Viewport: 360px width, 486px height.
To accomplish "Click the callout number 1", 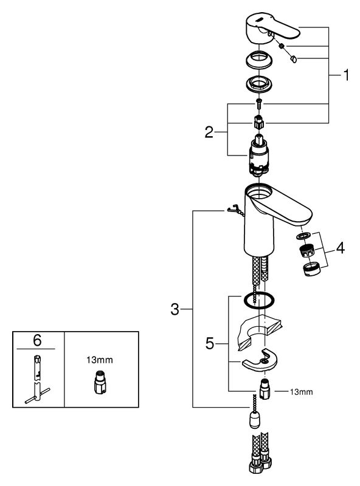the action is pos(346,75).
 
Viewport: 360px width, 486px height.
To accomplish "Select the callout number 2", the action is pos(209,132).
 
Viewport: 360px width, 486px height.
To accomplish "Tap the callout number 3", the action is pos(175,309).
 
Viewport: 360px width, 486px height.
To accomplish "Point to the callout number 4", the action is pos(341,248).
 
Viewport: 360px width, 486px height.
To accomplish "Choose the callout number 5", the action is pos(210,343).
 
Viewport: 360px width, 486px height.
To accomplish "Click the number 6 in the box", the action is pos(37,340).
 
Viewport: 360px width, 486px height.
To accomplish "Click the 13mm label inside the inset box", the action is pos(100,360).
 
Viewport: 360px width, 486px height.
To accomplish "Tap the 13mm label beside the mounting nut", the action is pos(302,392).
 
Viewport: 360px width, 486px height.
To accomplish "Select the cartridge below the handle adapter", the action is pos(258,156).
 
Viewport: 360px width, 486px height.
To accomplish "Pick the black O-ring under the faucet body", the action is pos(259,300).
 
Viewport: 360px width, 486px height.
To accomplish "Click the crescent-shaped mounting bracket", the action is pos(260,360).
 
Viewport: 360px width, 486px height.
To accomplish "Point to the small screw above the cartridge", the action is pos(258,103).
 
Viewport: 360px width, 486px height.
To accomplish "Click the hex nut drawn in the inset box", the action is pos(100,382).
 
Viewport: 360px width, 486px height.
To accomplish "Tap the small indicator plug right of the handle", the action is pos(292,58).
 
